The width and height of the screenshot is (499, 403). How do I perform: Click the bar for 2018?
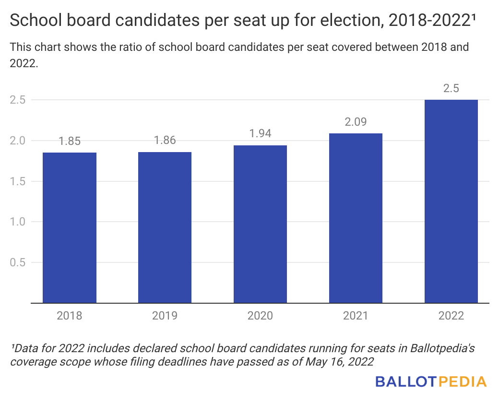70,227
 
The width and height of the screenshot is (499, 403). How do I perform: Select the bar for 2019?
165,227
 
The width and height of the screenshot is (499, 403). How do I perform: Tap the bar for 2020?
260,224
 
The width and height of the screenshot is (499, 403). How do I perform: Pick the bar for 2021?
356,218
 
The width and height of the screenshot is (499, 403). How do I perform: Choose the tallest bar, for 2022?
451,201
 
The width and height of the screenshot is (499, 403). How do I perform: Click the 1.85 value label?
70,141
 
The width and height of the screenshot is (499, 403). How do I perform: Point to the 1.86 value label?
165,141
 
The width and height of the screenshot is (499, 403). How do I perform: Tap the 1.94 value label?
260,134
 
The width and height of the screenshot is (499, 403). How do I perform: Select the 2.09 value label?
356,122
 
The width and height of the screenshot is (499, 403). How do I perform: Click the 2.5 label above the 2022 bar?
451,89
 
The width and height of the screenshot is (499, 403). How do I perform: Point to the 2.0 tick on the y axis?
19,141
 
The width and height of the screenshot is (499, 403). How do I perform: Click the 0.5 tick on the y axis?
19,262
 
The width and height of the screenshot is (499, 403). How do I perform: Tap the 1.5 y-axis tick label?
19,181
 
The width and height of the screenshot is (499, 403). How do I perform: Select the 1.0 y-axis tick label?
19,222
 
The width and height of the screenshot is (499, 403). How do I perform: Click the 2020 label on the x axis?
260,316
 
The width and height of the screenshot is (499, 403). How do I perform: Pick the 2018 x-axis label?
70,316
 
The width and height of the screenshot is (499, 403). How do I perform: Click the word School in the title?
33,21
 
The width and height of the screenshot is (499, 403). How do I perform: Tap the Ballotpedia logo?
431,382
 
